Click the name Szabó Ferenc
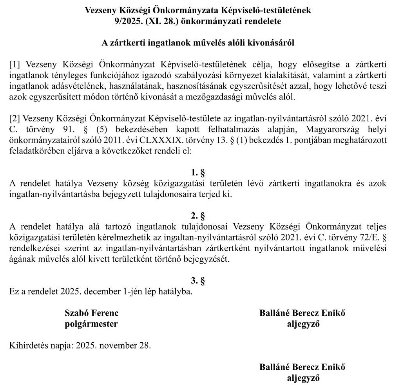91,313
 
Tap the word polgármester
91,324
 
